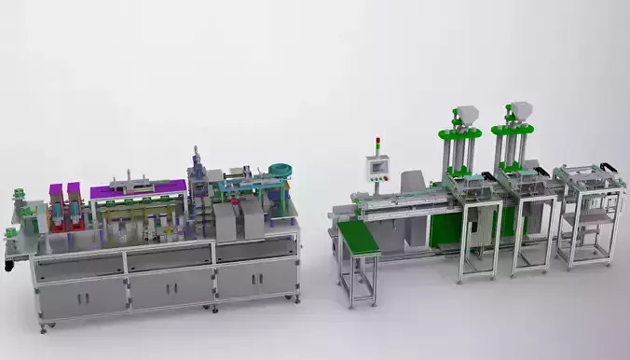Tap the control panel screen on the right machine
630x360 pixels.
click(x=378, y=168)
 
